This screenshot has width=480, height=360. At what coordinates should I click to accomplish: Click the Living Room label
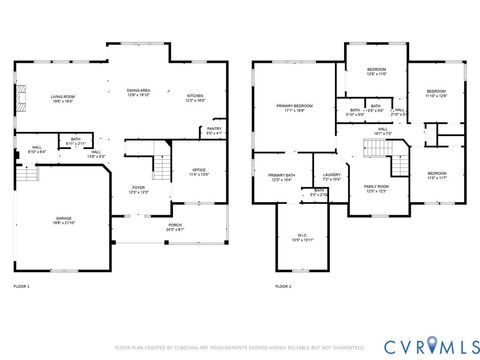pos(63,98)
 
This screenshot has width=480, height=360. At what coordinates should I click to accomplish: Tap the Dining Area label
pos(138,92)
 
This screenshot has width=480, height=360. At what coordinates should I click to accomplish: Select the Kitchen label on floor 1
pos(195,98)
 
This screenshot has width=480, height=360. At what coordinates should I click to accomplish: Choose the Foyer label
pos(139,190)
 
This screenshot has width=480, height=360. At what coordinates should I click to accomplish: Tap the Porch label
pos(175,228)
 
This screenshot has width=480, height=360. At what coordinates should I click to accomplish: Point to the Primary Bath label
pos(282,178)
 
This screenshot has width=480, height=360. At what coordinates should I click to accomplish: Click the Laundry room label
pos(331,177)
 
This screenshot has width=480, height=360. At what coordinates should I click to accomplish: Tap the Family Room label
pos(376,188)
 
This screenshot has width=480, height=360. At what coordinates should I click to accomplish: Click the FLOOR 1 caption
pos(21,286)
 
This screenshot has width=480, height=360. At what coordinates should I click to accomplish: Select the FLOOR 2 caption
pos(283,286)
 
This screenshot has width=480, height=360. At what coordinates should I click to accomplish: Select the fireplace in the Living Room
pos(17,98)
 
